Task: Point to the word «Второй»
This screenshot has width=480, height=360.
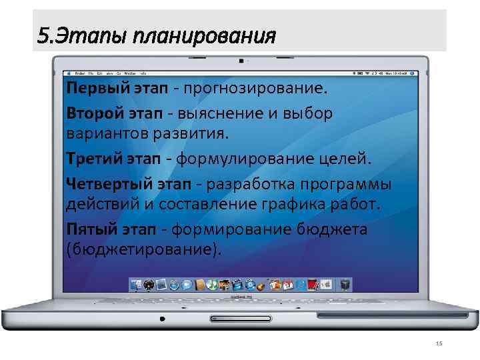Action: click(90, 113)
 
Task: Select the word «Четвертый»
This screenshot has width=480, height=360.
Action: click(102, 184)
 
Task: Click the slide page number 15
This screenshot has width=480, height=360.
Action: click(438, 343)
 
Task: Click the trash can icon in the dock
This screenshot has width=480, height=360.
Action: click(345, 285)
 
